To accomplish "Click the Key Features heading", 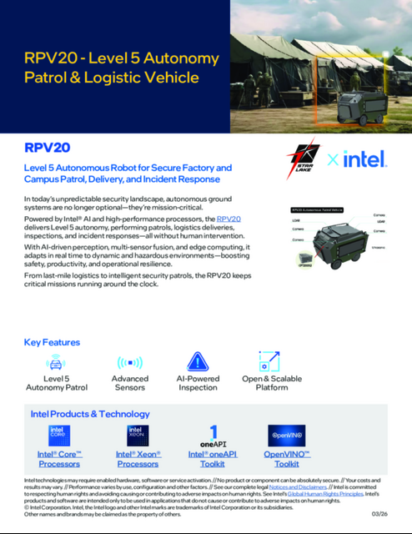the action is pyautogui.click(x=52, y=342).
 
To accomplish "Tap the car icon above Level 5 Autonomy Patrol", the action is pyautogui.click(x=55, y=363).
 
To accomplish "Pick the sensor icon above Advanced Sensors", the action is pyautogui.click(x=130, y=363).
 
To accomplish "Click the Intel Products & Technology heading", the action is pyautogui.click(x=91, y=414).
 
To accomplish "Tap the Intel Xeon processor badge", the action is pyautogui.click(x=138, y=436).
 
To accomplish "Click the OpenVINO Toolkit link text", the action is pyautogui.click(x=287, y=459).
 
